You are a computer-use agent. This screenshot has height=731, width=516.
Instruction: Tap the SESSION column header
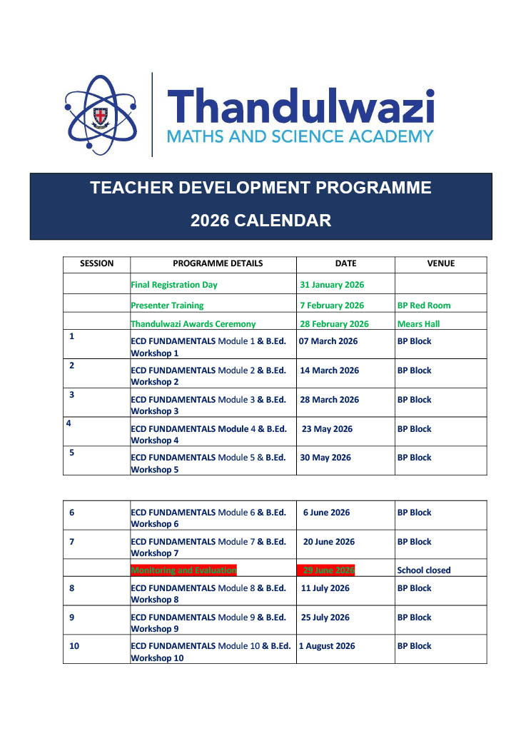point(96,263)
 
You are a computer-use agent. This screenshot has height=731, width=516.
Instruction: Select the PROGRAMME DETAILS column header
point(218,263)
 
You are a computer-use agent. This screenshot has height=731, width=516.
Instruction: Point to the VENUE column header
point(440,263)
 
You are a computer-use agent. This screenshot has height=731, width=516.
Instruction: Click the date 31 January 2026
point(332,285)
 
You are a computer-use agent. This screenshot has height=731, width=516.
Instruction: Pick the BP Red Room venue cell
point(424,306)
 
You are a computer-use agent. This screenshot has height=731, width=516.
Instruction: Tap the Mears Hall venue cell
point(418,324)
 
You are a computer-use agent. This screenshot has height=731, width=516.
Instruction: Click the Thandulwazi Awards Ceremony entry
point(193,324)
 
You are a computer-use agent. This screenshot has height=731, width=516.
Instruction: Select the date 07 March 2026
point(328,341)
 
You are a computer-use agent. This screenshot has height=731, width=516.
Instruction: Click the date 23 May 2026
point(327,429)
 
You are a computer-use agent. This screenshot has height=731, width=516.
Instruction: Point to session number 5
point(71,452)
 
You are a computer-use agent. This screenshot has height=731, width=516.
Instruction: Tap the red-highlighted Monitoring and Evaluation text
point(183,570)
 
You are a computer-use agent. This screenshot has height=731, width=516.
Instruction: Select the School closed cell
point(424,570)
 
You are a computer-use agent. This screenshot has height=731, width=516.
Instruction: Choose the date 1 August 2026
point(326,646)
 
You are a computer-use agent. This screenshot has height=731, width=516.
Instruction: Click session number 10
point(74,646)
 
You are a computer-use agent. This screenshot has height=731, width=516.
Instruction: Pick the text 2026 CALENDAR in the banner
point(260,221)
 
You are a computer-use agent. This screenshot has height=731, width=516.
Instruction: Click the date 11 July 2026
point(325,588)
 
